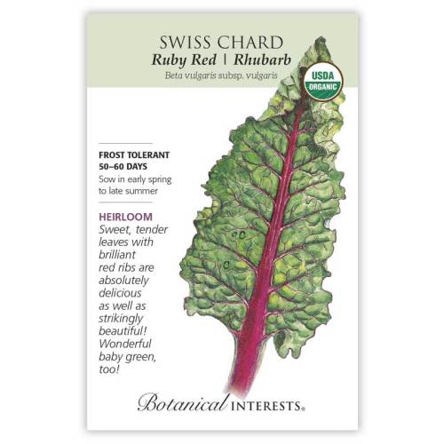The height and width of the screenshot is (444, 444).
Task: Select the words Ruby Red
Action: pyautogui.click(x=191, y=64)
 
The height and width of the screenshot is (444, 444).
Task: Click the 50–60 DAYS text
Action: pyautogui.click(x=124, y=166)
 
